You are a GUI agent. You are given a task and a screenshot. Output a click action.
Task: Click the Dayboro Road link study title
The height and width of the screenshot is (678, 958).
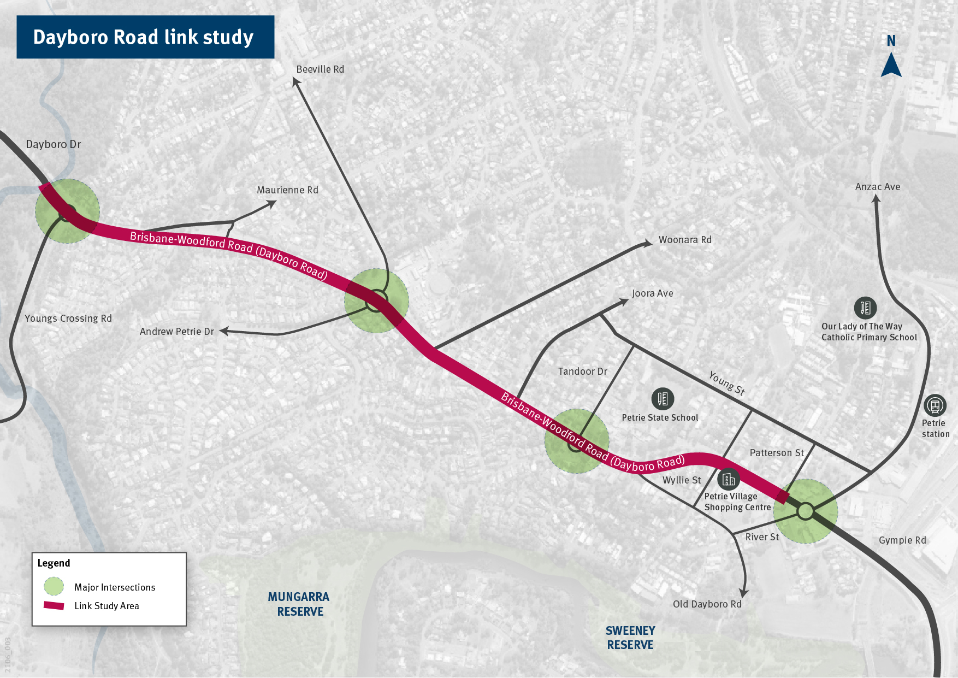(143, 37)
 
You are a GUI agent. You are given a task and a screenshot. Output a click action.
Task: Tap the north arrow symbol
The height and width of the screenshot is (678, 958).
(891, 64)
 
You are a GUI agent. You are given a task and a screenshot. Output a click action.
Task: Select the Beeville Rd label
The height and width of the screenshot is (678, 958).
(320, 69)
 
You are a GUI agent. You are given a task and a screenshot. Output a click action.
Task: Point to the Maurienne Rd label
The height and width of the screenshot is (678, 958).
(287, 190)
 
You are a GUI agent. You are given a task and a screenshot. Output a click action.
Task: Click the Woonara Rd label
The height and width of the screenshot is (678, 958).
(685, 240)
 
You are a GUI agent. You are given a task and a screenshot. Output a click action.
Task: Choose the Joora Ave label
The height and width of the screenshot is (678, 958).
(652, 293)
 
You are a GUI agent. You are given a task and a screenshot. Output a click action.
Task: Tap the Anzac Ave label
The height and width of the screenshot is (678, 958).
(877, 187)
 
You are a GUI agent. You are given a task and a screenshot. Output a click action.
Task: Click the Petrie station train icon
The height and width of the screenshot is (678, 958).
(935, 406)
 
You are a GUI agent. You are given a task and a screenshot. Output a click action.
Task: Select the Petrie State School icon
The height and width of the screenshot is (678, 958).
(663, 399)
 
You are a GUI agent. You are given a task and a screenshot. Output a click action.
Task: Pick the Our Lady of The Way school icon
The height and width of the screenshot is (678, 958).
(865, 308)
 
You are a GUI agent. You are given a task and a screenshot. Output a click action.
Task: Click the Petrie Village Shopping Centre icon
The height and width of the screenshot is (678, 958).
(729, 479)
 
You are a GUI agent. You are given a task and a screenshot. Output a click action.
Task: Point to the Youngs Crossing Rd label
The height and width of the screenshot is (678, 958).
(68, 319)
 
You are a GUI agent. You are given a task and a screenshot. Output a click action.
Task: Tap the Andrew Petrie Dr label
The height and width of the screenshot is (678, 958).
(177, 332)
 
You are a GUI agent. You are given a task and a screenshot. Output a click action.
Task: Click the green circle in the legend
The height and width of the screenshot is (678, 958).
(54, 587)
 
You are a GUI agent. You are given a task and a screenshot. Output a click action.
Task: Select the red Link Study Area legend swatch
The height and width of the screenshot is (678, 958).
(54, 605)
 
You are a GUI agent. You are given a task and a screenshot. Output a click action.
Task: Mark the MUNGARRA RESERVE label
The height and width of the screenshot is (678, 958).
(299, 604)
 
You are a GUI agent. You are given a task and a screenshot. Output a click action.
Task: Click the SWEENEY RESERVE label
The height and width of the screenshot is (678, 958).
(630, 638)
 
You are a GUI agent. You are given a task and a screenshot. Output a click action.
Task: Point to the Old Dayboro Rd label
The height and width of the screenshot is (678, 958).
(707, 604)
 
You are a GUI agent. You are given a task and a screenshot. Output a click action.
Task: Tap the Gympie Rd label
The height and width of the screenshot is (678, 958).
(902, 540)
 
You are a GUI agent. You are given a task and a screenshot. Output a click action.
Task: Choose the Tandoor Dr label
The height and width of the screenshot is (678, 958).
(582, 372)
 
